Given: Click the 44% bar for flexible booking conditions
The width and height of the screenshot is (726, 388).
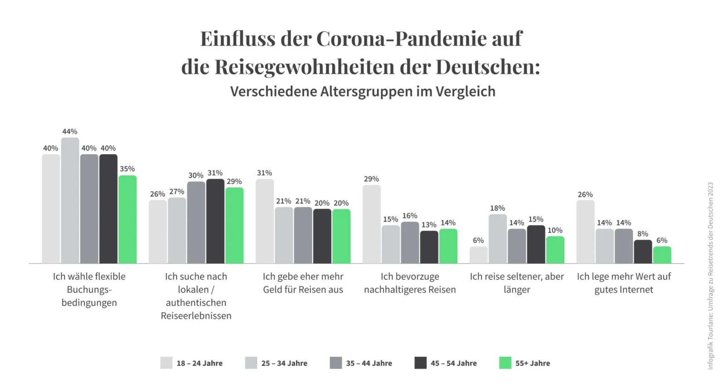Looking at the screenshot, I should pyautogui.click(x=70, y=200).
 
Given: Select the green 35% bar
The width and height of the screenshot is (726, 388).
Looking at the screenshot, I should pyautogui.click(x=128, y=219).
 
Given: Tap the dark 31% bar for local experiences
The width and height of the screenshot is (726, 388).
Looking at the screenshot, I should pyautogui.click(x=215, y=221).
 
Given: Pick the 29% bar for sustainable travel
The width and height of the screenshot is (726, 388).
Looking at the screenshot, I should pyautogui.click(x=371, y=224).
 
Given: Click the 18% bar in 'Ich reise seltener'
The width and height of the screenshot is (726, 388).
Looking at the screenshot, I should pyautogui.click(x=497, y=239).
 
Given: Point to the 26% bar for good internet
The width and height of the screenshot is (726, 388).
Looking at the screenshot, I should pyautogui.click(x=585, y=232).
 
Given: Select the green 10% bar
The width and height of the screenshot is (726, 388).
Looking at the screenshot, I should pyautogui.click(x=555, y=250).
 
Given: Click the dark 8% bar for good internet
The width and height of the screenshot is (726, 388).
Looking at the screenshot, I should pyautogui.click(x=643, y=252).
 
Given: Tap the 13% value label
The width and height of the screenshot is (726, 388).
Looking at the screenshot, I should pyautogui.click(x=429, y=225).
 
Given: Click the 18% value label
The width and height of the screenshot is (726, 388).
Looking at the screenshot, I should pyautogui.click(x=497, y=208).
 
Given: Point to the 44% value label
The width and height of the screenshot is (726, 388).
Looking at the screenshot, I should pyautogui.click(x=70, y=131).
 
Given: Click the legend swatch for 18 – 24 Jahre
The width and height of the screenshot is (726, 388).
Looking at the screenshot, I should pyautogui.click(x=166, y=363).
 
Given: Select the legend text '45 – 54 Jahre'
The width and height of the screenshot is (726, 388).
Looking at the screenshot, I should pyautogui.click(x=454, y=364).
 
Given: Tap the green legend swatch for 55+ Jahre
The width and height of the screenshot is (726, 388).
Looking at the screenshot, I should pyautogui.click(x=505, y=363).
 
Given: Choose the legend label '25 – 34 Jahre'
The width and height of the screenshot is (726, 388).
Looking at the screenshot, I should pyautogui.click(x=284, y=364).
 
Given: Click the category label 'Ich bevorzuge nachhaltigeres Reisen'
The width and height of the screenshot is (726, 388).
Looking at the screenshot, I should pyautogui.click(x=410, y=283).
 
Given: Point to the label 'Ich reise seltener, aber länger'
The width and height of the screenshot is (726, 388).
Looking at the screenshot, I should pyautogui.click(x=517, y=283).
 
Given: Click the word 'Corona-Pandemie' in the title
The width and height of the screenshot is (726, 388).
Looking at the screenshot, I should pyautogui.click(x=419, y=39).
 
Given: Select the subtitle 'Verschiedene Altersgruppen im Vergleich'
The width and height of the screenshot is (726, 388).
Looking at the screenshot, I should pyautogui.click(x=363, y=92).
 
